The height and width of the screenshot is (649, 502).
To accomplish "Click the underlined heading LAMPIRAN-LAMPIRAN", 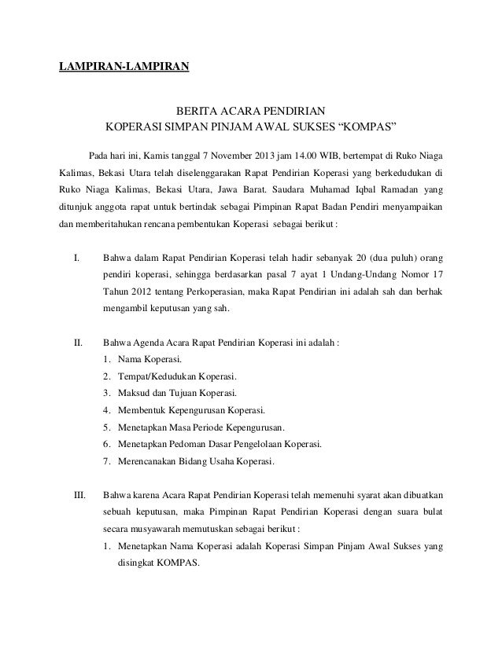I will point(124,66).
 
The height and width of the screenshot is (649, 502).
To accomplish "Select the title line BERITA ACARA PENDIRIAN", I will point(250,111).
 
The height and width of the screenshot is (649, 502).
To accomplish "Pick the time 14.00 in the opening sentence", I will point(316,152).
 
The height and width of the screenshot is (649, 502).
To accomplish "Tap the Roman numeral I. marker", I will point(77,258).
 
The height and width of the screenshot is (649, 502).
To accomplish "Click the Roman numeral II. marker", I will point(78,343).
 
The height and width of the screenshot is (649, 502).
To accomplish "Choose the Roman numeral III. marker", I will point(79,496).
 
